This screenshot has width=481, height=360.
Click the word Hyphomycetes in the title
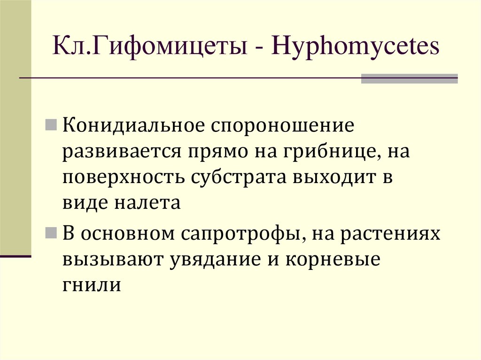tap(357, 48)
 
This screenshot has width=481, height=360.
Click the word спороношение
tap(282, 126)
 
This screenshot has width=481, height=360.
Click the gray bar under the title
tap(409, 78)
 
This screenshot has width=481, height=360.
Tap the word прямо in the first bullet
tap(217, 153)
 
